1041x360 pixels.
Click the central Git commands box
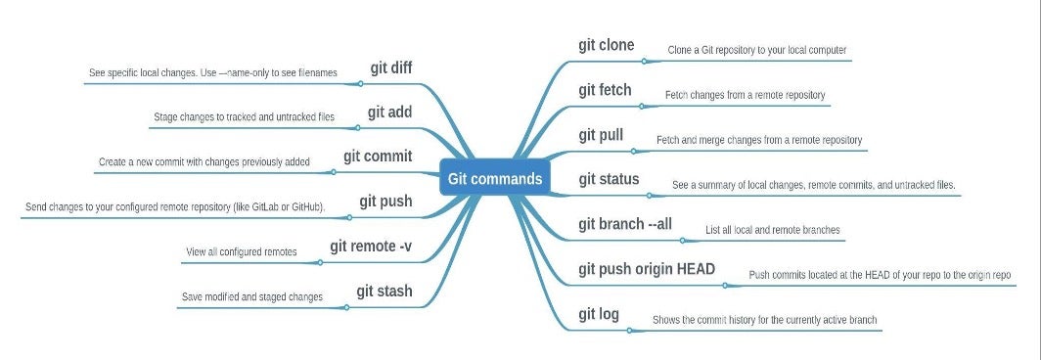494,179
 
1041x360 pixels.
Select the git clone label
606,45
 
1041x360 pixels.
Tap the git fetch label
605,90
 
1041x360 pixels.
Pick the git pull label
601,135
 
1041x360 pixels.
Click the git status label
609,179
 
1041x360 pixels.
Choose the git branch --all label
625,224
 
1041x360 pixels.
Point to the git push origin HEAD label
647,269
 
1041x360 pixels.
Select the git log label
599,314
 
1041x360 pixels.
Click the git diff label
391,67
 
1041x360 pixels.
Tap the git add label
389,112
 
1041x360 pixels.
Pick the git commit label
378,157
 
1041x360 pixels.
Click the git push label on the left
385,202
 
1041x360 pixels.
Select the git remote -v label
371,246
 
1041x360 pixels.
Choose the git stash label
385,291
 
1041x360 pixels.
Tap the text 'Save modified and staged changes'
251,296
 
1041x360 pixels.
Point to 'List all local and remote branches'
772,231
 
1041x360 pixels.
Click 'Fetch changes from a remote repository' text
745,95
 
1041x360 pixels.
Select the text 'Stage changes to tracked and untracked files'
244,117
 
